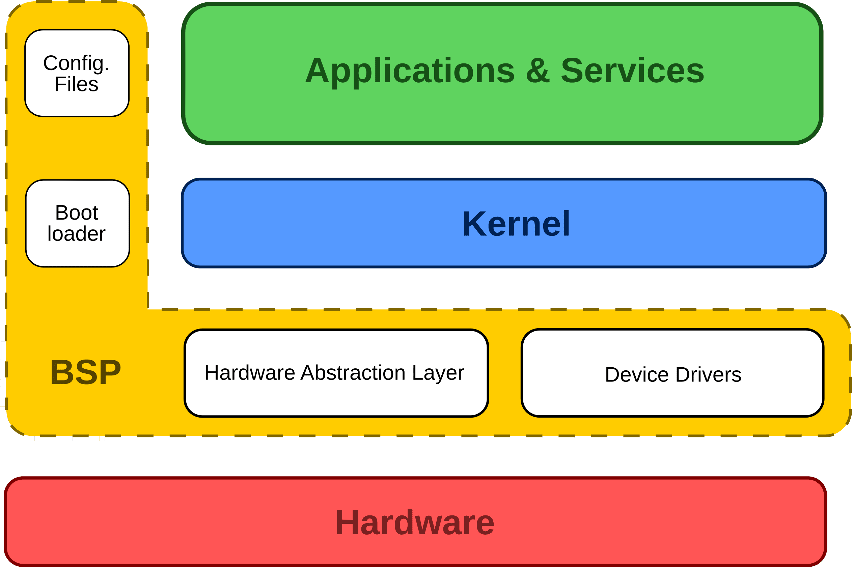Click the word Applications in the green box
[x=410, y=71]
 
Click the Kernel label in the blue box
[x=516, y=224]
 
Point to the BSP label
[x=85, y=372]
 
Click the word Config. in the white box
[x=76, y=63]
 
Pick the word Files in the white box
[x=76, y=84]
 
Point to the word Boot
[x=77, y=212]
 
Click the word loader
[x=77, y=234]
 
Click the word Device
[x=636, y=375]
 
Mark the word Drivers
[x=709, y=375]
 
